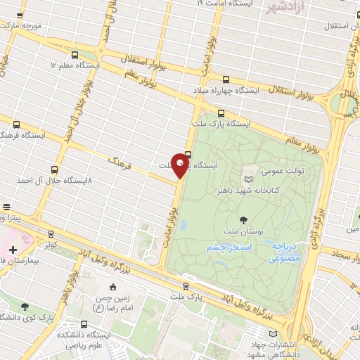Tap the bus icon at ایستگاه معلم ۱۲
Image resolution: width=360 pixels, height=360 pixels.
tap(75, 54)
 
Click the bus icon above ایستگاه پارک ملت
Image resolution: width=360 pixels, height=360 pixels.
tap(221, 112)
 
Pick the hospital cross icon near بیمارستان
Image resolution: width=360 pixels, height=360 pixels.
tap(13, 250)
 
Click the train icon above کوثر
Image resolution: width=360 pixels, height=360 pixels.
tap(51, 234)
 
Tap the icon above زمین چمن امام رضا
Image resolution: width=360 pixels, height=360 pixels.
tap(112, 287)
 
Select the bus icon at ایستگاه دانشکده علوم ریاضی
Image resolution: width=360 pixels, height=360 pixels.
tap(84, 325)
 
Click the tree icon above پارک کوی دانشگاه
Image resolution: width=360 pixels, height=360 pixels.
tap(25, 307)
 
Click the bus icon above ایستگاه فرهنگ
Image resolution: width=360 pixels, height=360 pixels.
tap(16, 124)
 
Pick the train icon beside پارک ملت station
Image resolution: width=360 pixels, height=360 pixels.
tap(185, 285)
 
